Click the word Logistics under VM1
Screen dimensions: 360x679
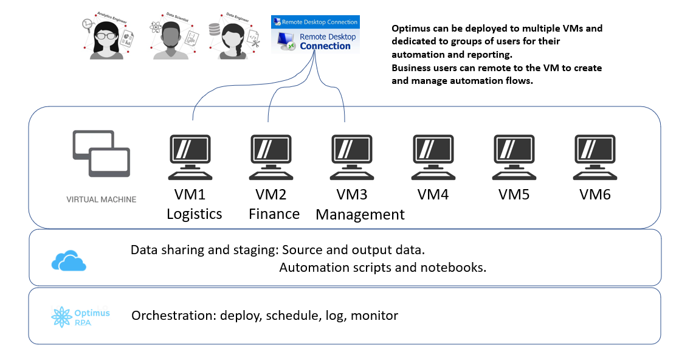(194, 214)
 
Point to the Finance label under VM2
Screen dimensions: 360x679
(274, 214)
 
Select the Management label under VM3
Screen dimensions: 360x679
(360, 215)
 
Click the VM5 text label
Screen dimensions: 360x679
(514, 195)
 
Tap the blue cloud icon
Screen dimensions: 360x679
(69, 260)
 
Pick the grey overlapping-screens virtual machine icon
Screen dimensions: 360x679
(101, 153)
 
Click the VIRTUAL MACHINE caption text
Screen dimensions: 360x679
(101, 199)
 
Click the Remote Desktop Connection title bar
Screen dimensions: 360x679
(315, 22)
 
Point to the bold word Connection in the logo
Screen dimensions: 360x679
(325, 46)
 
